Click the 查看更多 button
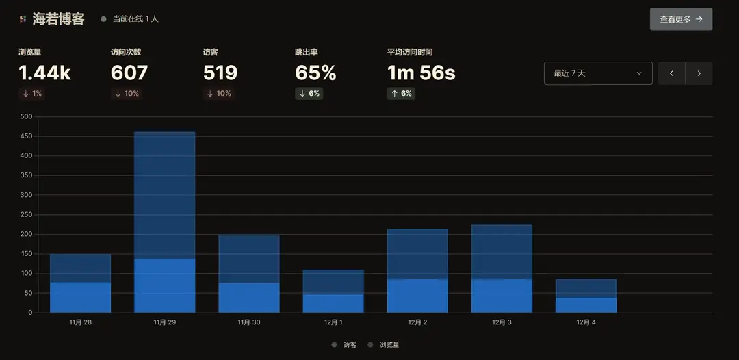(x=681, y=19)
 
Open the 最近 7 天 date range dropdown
(x=597, y=73)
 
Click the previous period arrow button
(x=671, y=73)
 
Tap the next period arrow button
(x=699, y=73)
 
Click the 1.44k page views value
(x=44, y=73)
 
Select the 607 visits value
(x=129, y=73)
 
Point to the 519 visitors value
(x=220, y=73)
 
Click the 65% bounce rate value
(x=315, y=73)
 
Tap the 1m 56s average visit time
(x=421, y=73)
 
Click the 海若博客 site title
(x=58, y=19)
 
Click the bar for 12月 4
(x=586, y=296)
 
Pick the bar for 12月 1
(x=333, y=291)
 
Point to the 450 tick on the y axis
(x=26, y=136)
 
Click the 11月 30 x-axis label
(x=249, y=322)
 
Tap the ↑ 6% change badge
(x=401, y=94)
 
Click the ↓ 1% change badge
(x=32, y=94)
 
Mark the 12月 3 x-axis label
(x=502, y=322)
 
